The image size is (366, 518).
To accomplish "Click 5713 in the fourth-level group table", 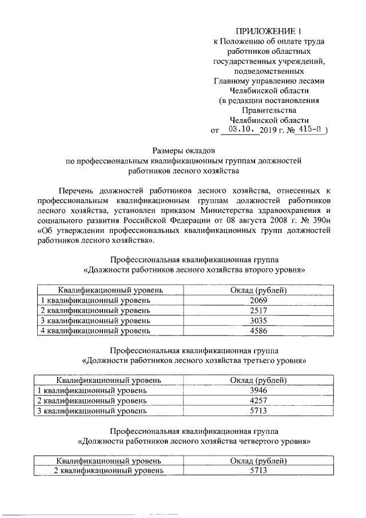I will [258, 470].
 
